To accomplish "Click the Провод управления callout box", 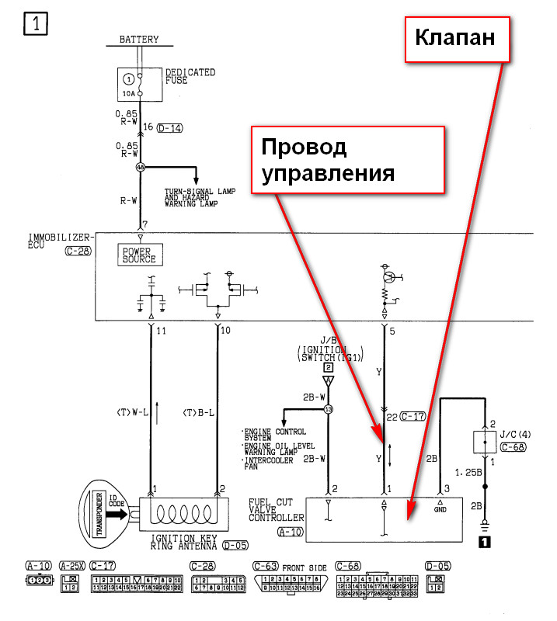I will click(x=347, y=160).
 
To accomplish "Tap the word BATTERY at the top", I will click(x=139, y=40).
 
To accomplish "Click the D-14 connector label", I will click(x=169, y=128).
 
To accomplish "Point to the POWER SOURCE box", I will click(x=138, y=255).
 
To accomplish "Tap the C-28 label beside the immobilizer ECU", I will click(x=80, y=252).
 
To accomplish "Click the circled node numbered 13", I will click(x=329, y=409).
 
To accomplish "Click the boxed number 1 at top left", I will click(x=37, y=24).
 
